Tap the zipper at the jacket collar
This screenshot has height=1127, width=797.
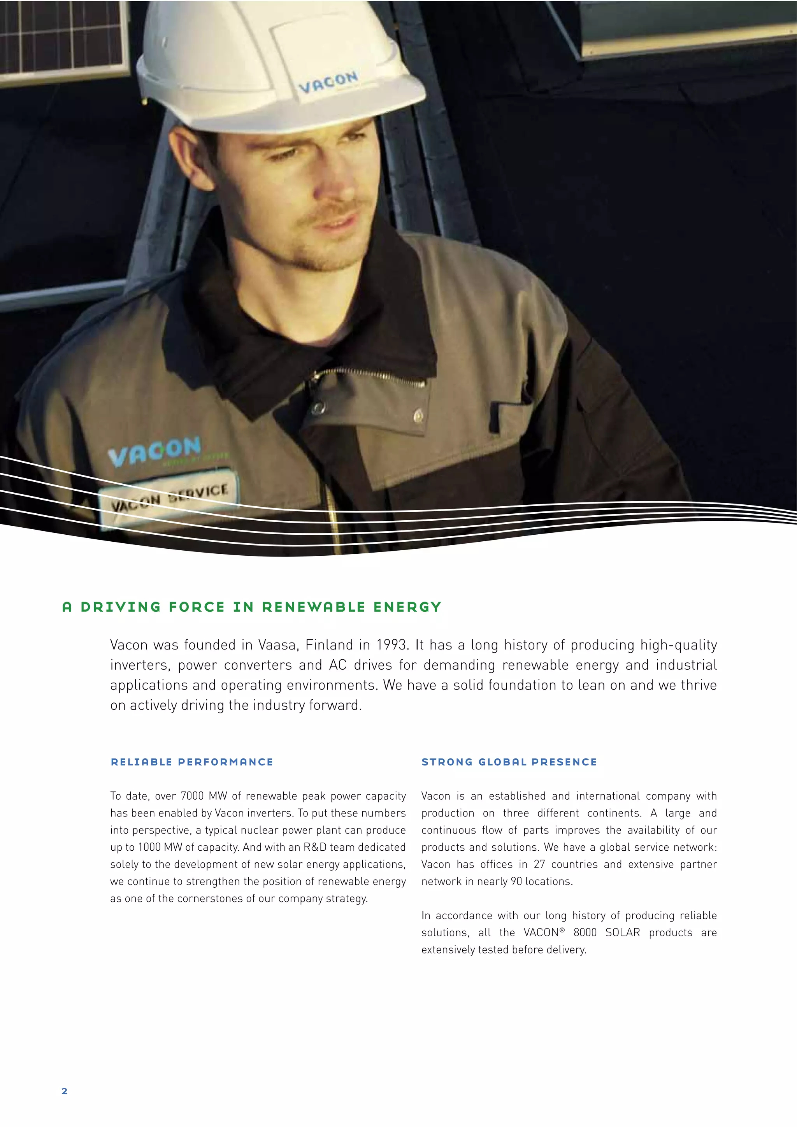(368, 376)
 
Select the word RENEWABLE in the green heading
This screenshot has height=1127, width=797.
(314, 607)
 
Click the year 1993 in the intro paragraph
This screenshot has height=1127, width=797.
(391, 645)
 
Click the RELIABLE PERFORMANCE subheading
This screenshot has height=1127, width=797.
(192, 762)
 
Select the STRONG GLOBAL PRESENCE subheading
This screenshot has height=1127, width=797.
(509, 762)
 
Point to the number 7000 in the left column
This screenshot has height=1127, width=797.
(192, 796)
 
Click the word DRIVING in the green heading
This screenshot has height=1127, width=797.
(121, 607)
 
